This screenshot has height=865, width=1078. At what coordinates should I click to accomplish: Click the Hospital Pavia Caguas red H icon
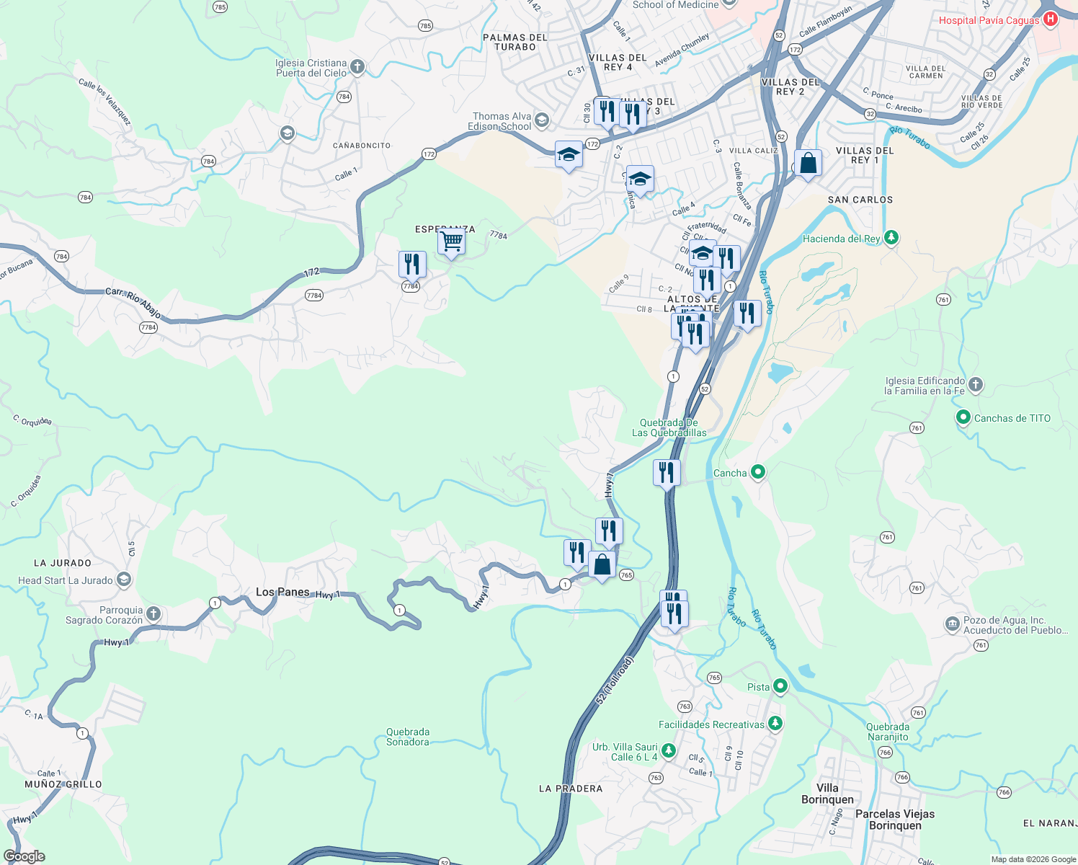coord(1050,19)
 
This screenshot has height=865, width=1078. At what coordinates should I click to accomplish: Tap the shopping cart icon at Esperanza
coord(451,241)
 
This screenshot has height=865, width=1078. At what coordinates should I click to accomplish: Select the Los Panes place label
coord(282,592)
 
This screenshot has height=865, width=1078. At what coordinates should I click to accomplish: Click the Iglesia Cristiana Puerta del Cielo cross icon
coord(357,68)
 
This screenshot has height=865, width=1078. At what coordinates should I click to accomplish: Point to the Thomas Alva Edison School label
coord(502,121)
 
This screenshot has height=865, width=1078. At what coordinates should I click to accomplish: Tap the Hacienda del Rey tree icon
coord(891,238)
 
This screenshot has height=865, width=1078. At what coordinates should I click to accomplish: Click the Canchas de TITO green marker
coord(963,417)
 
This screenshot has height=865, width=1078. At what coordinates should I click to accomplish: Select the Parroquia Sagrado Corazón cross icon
coord(153,614)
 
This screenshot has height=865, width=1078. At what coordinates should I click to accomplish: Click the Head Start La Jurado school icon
coord(124,580)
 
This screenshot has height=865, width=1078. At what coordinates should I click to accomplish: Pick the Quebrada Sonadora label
coord(408,737)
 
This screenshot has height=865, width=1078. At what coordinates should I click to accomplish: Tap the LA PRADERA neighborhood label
coord(571,789)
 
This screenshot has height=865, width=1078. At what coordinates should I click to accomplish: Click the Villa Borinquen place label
coord(827,794)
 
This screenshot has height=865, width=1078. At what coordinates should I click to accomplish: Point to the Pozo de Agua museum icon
coord(952,624)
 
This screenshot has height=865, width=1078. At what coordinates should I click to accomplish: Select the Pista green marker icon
coord(780,686)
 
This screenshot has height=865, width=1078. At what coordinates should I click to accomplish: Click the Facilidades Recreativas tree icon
coord(775,723)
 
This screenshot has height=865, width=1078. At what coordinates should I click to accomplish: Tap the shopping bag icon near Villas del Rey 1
coord(808,163)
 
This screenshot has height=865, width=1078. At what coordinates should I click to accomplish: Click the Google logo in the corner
coord(24,856)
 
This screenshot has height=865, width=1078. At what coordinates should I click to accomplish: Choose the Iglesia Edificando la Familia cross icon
coord(975,385)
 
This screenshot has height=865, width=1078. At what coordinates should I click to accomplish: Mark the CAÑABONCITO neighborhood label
coord(362,146)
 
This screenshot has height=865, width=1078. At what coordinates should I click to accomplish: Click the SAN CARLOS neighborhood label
coord(860,200)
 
